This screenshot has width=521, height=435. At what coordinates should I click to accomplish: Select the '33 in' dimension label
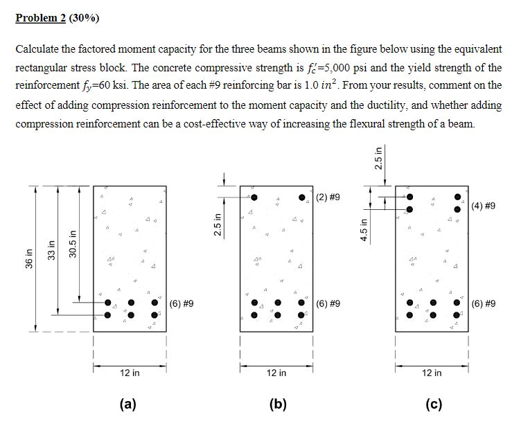pos(50,247)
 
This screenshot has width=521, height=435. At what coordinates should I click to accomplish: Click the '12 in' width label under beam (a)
pos(130,373)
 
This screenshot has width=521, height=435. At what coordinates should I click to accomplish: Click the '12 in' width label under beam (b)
pos(276,373)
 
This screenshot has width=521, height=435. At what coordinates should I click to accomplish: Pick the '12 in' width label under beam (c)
pos(431,373)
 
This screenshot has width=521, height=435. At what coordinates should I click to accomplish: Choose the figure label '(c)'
pos(432,405)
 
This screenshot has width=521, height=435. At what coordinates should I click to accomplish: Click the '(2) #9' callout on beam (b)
pos(328,197)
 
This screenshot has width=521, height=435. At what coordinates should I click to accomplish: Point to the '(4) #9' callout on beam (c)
pos(483,206)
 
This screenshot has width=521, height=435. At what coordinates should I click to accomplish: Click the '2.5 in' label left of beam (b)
pos(217,225)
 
